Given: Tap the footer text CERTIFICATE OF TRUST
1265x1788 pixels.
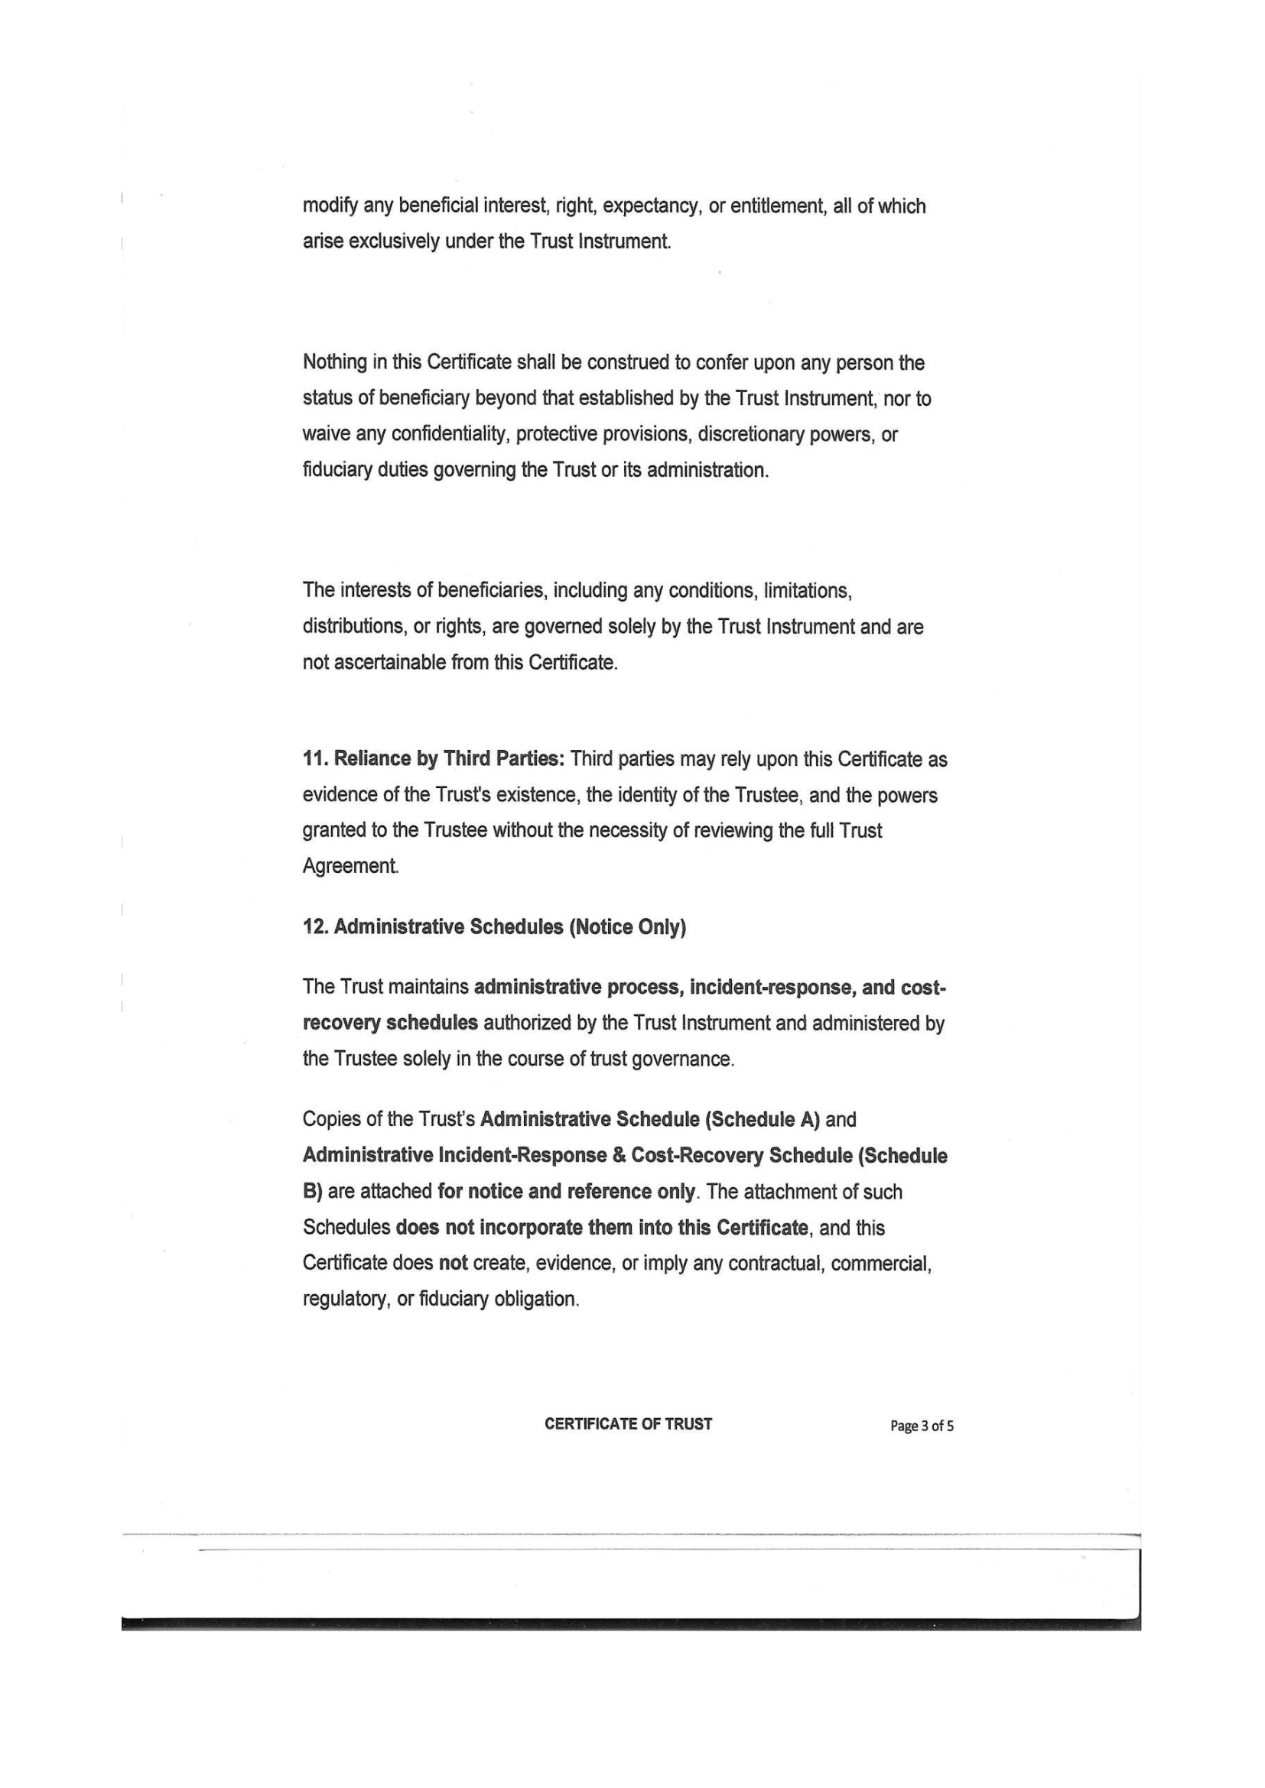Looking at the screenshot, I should (628, 1424).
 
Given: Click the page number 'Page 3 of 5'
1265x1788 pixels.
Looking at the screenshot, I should (922, 1426).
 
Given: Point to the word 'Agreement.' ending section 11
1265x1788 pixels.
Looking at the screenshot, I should (350, 866).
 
